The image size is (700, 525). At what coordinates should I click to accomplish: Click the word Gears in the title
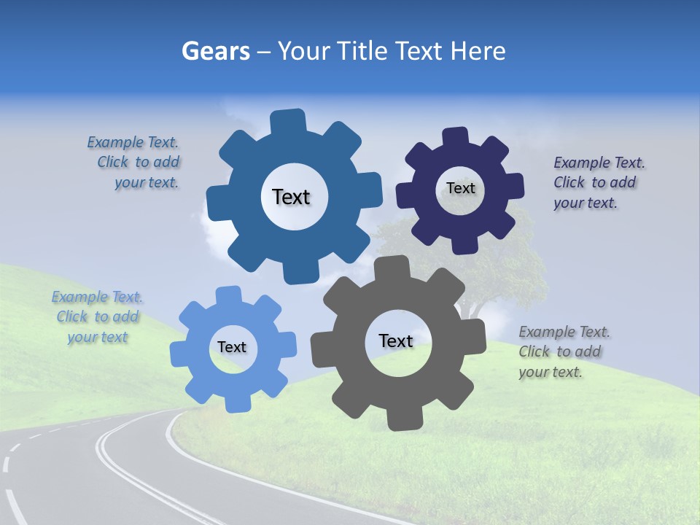215,51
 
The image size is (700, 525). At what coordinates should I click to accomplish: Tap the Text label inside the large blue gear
291,197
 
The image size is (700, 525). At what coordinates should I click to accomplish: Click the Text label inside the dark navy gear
460,188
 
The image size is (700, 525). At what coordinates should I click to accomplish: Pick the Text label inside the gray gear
396,341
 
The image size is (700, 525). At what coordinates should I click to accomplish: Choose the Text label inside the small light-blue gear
232,347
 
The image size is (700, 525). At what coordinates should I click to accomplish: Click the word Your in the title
305,51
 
